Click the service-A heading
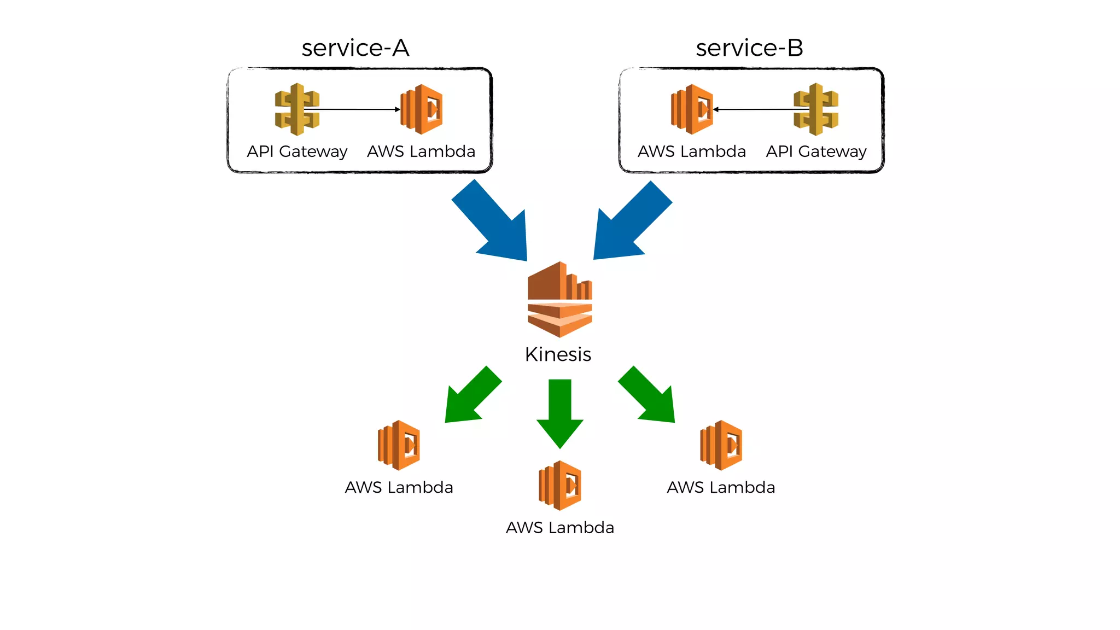[355, 48]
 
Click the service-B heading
[749, 48]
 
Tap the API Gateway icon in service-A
[296, 109]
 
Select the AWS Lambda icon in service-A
[422, 109]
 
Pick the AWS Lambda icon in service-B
[692, 109]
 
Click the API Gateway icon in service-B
[816, 109]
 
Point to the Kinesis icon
[559, 299]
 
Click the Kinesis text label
[558, 354]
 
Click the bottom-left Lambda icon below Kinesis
[399, 445]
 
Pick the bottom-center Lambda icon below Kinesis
[560, 486]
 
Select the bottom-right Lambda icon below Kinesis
[721, 445]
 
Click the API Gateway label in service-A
[297, 151]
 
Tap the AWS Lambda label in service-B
[692, 151]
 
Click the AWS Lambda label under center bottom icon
[560, 528]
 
